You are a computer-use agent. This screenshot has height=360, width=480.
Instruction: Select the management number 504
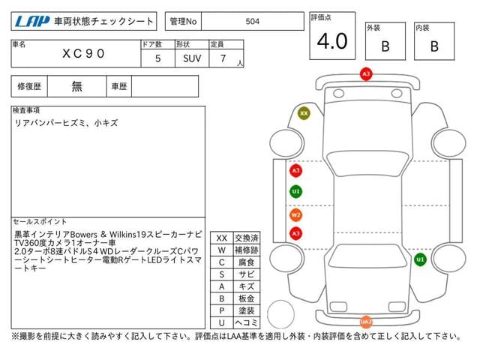pos(253,22)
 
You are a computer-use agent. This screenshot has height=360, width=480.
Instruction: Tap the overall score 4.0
pos(332,42)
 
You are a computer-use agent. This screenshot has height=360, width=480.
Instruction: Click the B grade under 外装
pos(385,46)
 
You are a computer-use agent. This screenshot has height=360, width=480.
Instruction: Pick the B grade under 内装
pos(434,46)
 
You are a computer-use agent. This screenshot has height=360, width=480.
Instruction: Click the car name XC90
pos(83,55)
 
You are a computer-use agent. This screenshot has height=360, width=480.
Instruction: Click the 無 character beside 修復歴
pos(77,86)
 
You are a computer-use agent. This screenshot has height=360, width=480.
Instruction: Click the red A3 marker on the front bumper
pos(366,74)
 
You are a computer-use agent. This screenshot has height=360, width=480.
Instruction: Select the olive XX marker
pos(304,113)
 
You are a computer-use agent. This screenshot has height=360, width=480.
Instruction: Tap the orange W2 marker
pos(295,215)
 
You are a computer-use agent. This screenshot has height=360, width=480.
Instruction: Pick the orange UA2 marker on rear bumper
pos(366,322)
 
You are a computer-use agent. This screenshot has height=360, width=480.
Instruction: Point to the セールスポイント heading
pos(39,222)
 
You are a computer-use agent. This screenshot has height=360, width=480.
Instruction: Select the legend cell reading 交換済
pos(246,238)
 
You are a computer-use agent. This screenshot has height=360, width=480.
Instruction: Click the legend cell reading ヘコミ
pos(246,322)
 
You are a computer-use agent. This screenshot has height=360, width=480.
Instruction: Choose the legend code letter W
pos(221,250)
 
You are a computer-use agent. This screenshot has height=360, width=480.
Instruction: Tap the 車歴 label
pos(118,86)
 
